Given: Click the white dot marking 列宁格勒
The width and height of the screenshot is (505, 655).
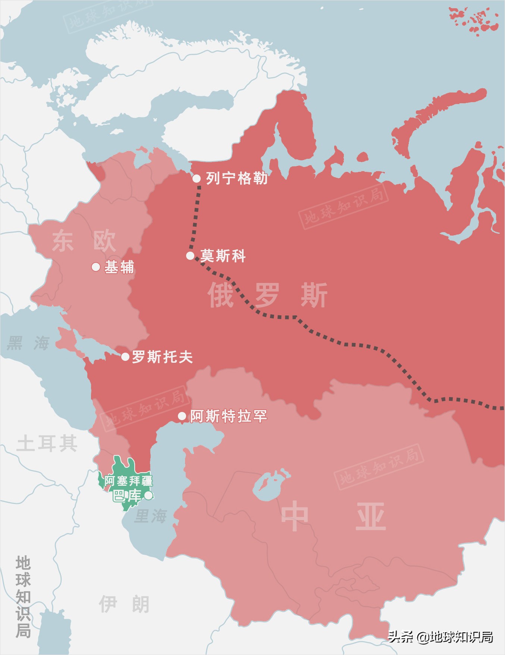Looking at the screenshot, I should [197, 178].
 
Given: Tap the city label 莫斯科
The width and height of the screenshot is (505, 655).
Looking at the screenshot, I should [223, 256].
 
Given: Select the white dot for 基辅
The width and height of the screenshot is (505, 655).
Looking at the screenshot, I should [96, 267].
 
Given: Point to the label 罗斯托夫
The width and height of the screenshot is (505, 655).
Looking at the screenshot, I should [162, 357].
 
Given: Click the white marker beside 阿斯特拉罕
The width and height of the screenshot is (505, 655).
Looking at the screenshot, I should [182, 416].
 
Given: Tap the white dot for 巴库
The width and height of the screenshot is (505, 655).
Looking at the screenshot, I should [148, 495].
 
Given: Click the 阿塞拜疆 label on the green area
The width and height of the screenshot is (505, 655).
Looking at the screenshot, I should [128, 481].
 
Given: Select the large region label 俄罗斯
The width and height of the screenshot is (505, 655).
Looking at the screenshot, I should [267, 295].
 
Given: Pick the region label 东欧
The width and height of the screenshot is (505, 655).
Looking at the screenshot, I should [84, 241].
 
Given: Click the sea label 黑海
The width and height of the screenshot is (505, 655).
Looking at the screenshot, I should [28, 343].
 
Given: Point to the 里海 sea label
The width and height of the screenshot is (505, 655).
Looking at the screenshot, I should [150, 516].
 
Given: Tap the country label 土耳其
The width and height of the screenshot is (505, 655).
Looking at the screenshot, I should [47, 444].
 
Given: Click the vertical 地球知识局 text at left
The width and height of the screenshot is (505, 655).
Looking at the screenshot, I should [23, 596].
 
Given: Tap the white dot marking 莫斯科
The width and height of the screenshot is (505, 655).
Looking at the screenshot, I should [190, 256].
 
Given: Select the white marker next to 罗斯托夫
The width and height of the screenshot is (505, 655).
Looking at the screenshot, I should [125, 357].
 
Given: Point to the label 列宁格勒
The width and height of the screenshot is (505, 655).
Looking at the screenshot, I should [236, 178].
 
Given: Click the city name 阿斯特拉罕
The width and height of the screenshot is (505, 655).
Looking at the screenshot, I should [228, 416].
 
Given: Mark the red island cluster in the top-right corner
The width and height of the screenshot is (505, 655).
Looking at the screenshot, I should [474, 21].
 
